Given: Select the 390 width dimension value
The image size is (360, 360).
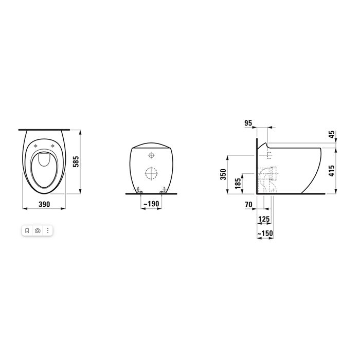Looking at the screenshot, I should (45, 204).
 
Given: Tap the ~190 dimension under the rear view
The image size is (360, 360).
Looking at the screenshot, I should (150, 204).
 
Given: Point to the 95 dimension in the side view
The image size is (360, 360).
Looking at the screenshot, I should (248, 123).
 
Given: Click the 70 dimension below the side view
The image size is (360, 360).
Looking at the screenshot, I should (249, 204).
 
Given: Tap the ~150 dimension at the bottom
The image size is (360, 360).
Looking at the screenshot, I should (264, 234).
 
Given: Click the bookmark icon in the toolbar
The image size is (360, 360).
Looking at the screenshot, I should (27, 231).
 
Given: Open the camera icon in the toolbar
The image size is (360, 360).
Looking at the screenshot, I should (38, 231).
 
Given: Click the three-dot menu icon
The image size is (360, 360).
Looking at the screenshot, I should (48, 231).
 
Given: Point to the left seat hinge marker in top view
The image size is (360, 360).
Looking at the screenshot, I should (35, 146).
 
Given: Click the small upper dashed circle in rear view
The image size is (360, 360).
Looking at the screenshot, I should (150, 155).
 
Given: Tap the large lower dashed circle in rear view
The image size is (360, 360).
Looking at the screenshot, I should (150, 173).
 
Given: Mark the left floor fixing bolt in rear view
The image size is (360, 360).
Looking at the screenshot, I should (138, 191).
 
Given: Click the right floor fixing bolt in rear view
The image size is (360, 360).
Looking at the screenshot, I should (162, 191).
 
